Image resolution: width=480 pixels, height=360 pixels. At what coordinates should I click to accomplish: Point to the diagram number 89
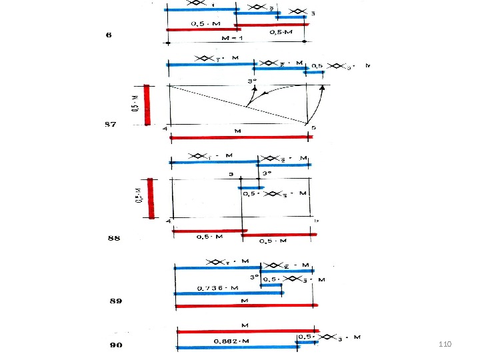click(x=116, y=301)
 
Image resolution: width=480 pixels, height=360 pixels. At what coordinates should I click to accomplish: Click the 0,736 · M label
click(x=217, y=288)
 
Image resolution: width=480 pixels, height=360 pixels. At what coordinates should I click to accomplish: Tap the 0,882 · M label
click(x=232, y=341)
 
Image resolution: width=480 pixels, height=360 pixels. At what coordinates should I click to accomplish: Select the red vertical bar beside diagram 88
click(x=151, y=198)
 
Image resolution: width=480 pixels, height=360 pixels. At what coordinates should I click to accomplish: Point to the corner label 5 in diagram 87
click(x=313, y=129)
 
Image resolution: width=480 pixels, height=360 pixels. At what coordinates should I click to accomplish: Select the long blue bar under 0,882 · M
click(x=237, y=347)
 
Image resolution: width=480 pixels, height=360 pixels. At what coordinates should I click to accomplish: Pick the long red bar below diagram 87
click(x=241, y=137)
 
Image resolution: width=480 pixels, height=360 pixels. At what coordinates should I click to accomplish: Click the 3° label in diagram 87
click(x=252, y=79)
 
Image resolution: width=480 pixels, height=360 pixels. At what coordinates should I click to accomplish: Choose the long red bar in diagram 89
click(x=246, y=307)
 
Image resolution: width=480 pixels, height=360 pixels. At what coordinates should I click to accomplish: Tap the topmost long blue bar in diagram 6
click(x=200, y=10)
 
